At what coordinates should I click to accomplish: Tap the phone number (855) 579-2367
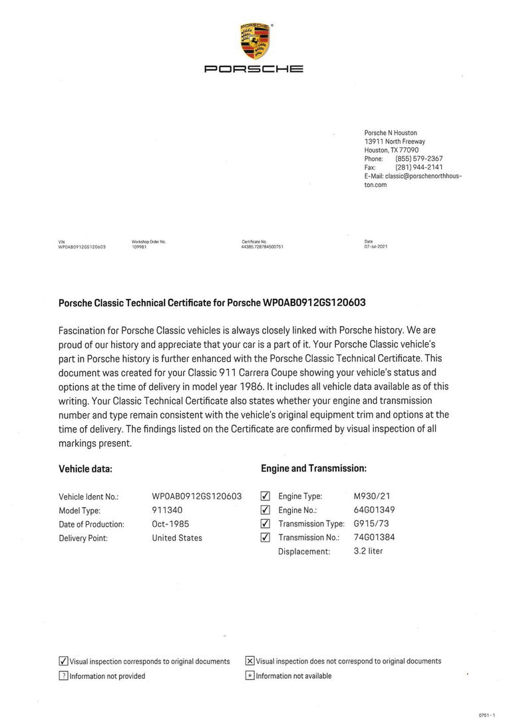click(419, 159)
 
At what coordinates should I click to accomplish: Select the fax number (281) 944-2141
click(419, 168)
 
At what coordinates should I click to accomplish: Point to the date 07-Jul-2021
click(376, 246)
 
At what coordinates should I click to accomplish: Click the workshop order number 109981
click(138, 246)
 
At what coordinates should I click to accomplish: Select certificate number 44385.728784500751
click(263, 246)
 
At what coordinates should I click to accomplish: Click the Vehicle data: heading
click(85, 468)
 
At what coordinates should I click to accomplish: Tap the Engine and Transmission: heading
click(313, 468)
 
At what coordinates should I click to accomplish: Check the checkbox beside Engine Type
click(265, 496)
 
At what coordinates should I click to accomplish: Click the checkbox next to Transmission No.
click(265, 538)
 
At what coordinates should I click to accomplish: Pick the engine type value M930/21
click(373, 496)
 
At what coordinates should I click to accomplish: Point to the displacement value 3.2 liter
click(368, 551)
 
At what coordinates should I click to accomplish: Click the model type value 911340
click(167, 510)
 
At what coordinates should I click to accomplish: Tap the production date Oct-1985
click(170, 524)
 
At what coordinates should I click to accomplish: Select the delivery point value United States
click(177, 538)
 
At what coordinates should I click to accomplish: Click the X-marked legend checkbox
click(250, 661)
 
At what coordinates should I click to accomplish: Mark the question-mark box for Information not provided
click(64, 676)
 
